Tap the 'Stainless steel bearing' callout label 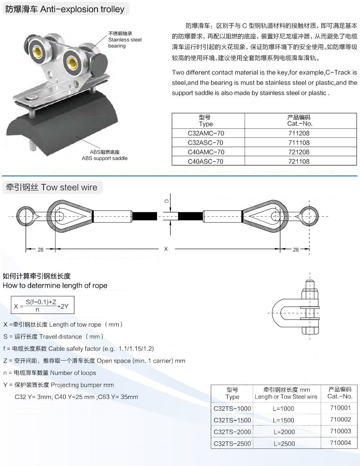pos(125,40)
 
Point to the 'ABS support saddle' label pos(105,155)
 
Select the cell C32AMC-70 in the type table pos(206,133)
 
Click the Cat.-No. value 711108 pos(299,143)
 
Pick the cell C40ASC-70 pos(206,161)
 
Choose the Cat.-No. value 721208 pos(299,152)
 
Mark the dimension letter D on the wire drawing pos(166,201)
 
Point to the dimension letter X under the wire pos(166,249)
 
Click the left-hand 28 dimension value pos(40,250)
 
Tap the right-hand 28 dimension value pos(295,250)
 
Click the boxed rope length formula pos(43,305)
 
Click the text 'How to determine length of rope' pos(55,285)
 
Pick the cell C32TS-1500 pos(232,420)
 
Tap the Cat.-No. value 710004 pos(340,443)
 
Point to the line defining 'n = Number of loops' pos(49,373)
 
